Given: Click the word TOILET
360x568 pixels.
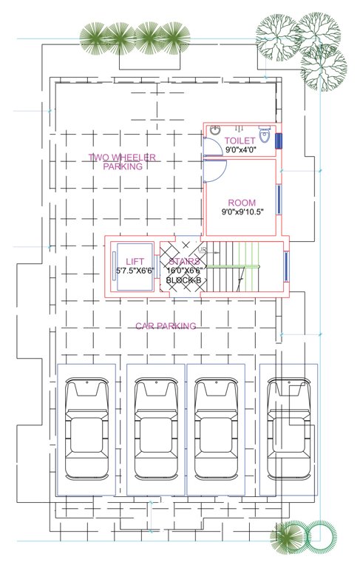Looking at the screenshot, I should point(240,140).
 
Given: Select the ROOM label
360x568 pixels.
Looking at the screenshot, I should point(241,203).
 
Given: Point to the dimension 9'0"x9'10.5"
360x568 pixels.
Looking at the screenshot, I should point(242,212).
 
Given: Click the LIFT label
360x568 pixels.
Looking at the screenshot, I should point(135,261).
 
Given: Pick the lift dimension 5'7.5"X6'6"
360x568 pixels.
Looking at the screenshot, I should point(135,271).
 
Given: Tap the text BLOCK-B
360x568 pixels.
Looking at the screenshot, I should point(184,280).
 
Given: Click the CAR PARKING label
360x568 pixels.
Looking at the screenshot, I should point(166,325).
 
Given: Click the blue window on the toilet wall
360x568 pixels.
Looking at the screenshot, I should point(279,141).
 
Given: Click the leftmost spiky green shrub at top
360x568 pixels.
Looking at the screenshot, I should point(93,38).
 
